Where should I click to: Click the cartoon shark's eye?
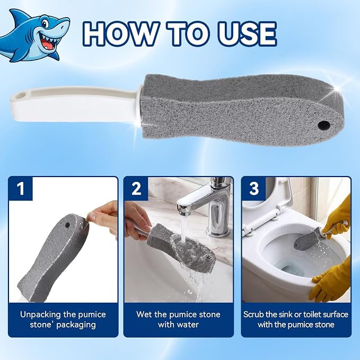click(46, 23)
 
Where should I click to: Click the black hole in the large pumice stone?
click(324, 126)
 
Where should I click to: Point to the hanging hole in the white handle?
click(20, 94)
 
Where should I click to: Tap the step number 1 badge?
click(21, 189)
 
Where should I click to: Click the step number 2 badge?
click(136, 189)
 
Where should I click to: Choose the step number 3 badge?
click(254, 189)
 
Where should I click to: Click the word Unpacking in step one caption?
click(40, 314)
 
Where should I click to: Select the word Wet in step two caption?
click(144, 314)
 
